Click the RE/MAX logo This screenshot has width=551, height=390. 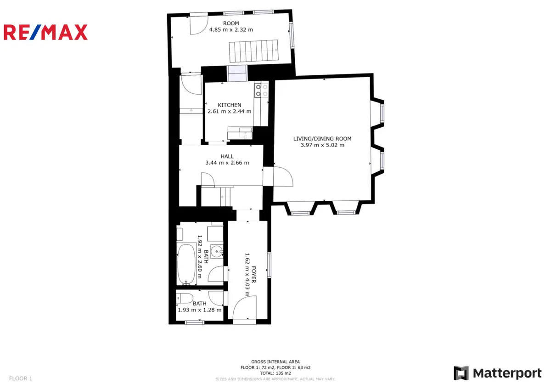tap(45, 32)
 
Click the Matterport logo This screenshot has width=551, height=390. tap(498, 373)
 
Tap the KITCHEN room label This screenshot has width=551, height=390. tap(230, 105)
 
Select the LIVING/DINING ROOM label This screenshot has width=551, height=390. tap(322, 139)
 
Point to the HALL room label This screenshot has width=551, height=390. tap(227, 157)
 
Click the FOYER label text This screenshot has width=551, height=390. tap(254, 274)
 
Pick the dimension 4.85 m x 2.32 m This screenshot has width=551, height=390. tap(231, 30)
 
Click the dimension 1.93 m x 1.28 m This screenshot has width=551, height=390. tap(199, 310)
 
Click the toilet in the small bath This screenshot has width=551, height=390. tap(185, 299)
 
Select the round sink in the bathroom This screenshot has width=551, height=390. tap(217, 251)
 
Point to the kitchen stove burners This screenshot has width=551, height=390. tap(261, 90)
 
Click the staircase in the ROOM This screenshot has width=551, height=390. tap(253, 51)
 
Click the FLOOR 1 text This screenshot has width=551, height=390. tap(21, 379)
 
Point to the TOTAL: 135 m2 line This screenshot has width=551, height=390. tap(275, 373)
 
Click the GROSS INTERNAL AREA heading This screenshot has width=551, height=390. tap(275, 362)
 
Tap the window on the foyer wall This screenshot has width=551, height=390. tap(269, 265)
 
